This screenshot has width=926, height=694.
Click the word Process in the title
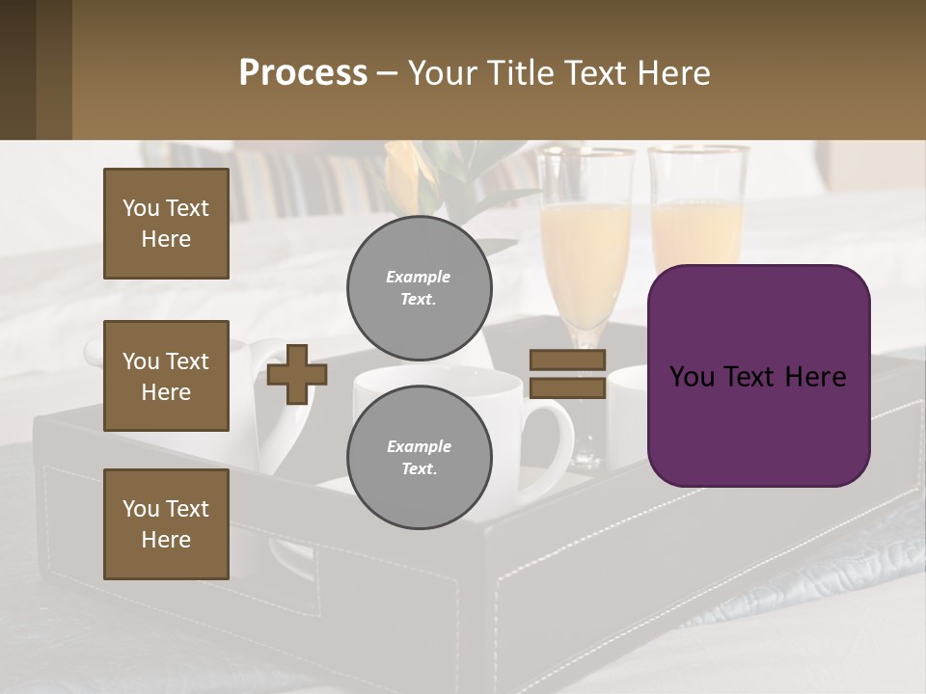pyautogui.click(x=303, y=72)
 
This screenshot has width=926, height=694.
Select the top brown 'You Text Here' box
pyautogui.click(x=166, y=224)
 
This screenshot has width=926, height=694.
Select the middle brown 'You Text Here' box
pyautogui.click(x=166, y=376)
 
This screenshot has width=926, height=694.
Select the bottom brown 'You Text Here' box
pyautogui.click(x=166, y=524)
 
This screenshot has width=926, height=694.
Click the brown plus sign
pyautogui.click(x=296, y=374)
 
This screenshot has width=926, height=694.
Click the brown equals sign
pyautogui.click(x=567, y=374)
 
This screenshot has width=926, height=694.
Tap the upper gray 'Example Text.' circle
pyautogui.click(x=419, y=287)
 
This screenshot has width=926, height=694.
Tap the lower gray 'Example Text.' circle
pyautogui.click(x=419, y=457)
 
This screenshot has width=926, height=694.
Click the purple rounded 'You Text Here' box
pyautogui.click(x=758, y=376)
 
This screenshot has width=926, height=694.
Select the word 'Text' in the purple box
pyautogui.click(x=758, y=376)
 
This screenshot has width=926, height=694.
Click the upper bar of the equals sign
pyautogui.click(x=567, y=360)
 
